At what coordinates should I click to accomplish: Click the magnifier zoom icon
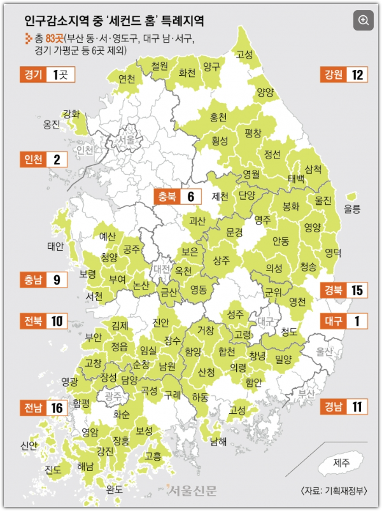364,20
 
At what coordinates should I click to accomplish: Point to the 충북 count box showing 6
190,197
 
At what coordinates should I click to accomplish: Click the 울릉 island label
352,209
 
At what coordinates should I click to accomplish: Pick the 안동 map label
280,241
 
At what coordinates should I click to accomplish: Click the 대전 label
162,269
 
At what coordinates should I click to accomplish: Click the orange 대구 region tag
332,321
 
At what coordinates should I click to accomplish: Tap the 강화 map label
71,115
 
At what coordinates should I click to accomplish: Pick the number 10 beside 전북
57,321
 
